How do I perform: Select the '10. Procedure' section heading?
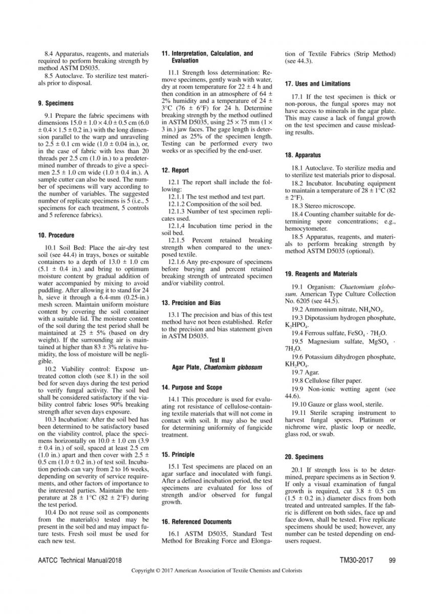(56, 235)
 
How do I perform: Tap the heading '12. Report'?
(175, 170)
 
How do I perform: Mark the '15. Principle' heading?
(178, 454)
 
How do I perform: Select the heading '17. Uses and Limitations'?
(317, 84)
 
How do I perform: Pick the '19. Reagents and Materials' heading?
(321, 274)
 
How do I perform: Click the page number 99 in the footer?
(393, 560)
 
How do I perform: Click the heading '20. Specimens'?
(305, 456)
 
